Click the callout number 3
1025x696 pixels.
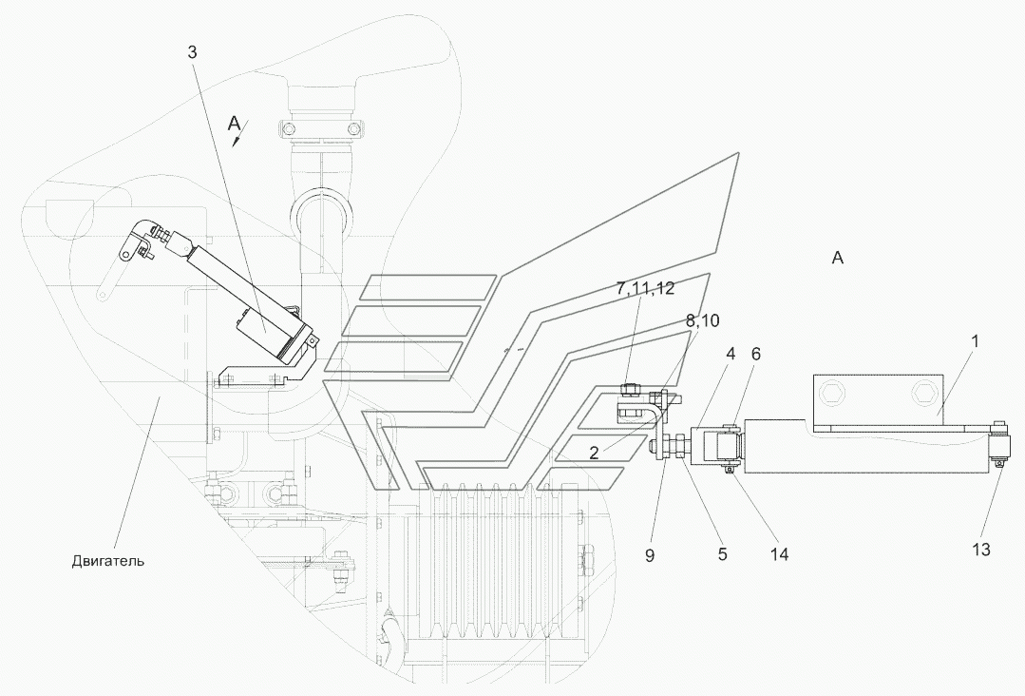click(x=192, y=52)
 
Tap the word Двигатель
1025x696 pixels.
click(x=108, y=561)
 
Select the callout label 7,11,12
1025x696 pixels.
click(x=645, y=288)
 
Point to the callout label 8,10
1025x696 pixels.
click(x=702, y=320)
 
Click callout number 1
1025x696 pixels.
click(x=974, y=340)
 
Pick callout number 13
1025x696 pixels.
click(x=981, y=550)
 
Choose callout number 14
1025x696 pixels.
click(x=779, y=554)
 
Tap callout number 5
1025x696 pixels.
click(x=722, y=554)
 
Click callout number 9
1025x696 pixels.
click(x=650, y=555)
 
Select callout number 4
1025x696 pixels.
click(x=731, y=354)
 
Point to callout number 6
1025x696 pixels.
click(x=756, y=354)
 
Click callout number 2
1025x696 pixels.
click(x=594, y=453)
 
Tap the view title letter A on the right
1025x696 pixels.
click(x=838, y=258)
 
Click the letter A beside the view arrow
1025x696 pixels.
click(x=235, y=123)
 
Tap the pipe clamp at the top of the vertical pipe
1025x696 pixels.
click(x=321, y=126)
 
